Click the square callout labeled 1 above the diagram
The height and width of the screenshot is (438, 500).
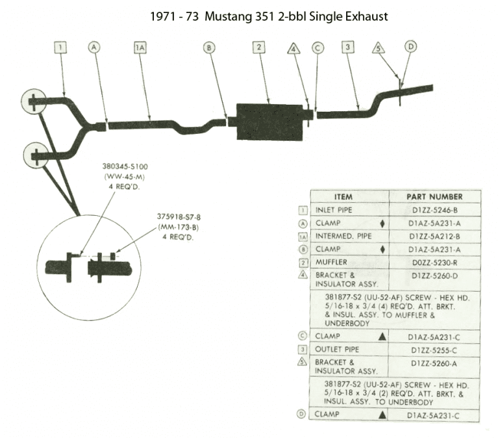point(60,47)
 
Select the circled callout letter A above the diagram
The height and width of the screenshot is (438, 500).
point(95,47)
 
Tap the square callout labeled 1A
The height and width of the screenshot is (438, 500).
point(140,47)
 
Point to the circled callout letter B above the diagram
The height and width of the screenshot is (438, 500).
point(208,47)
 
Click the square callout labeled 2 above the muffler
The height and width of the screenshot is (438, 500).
point(258,47)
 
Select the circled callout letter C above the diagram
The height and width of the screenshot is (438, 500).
point(317,47)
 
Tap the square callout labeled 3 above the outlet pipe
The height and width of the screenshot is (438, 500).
point(348,47)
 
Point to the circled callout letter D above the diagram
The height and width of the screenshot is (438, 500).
point(410,47)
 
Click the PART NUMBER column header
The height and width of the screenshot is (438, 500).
point(434,196)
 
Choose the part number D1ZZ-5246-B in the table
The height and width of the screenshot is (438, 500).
point(434,210)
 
